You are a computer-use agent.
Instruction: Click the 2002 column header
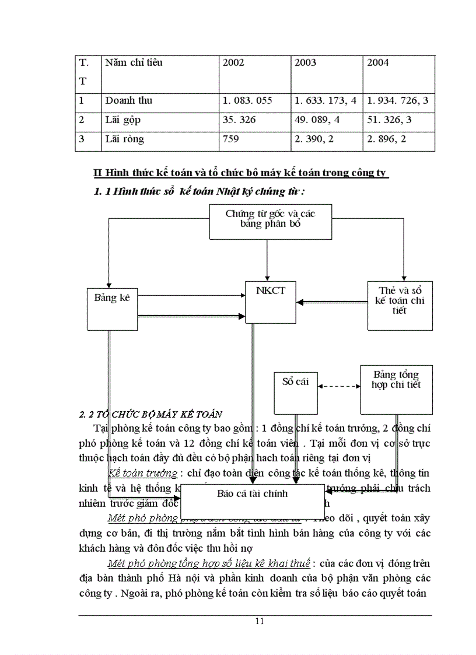233,63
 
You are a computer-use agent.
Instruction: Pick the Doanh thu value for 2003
325,100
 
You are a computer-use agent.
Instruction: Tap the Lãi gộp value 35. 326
239,120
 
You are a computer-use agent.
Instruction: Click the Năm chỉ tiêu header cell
134,63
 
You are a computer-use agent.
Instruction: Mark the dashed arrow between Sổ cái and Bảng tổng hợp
339,386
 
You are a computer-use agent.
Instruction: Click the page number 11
260,621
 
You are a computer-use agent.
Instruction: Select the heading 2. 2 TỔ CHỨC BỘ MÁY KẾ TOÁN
150,415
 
